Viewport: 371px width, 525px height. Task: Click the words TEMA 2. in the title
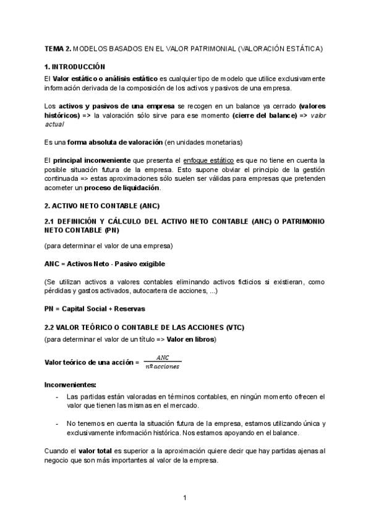point(58,48)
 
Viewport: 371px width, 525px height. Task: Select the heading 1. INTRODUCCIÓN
point(75,66)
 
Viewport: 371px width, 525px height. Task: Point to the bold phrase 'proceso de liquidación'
point(126,188)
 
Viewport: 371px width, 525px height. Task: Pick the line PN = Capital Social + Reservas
point(95,308)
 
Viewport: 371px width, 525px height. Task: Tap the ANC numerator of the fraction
point(163,357)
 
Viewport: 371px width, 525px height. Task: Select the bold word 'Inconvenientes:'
point(70,384)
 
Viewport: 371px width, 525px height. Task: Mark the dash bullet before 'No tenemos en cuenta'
point(58,423)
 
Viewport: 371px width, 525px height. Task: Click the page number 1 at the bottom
point(185,498)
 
